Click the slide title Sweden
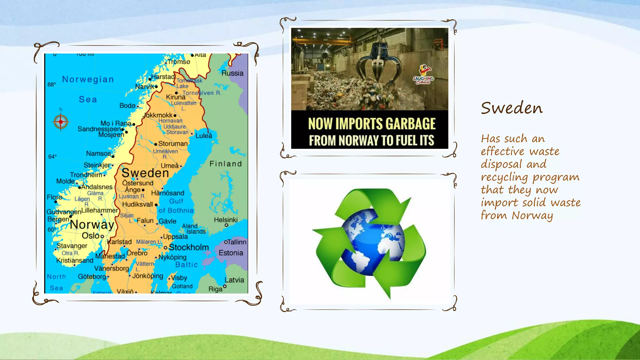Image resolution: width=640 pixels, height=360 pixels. click(512, 108)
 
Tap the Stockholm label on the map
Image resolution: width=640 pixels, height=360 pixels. click(189, 247)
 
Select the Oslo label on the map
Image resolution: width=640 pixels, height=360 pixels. click(91, 236)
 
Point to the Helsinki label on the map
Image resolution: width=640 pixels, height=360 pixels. click(226, 220)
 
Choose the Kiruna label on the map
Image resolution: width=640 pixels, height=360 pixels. click(176, 97)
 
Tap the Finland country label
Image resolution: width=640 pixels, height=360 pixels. click(226, 164)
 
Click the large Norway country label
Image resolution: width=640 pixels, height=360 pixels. click(92, 224)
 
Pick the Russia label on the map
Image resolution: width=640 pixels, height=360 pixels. click(232, 73)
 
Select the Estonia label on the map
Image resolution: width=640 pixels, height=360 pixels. click(231, 253)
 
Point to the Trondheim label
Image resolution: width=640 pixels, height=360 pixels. click(86, 175)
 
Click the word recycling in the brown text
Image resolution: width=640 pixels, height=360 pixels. click(504, 177)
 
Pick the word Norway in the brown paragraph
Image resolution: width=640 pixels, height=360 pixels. click(532, 215)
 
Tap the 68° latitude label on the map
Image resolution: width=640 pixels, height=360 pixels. click(52, 84)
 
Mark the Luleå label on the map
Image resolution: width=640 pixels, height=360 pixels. click(204, 136)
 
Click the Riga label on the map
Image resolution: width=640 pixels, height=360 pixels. click(215, 289)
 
